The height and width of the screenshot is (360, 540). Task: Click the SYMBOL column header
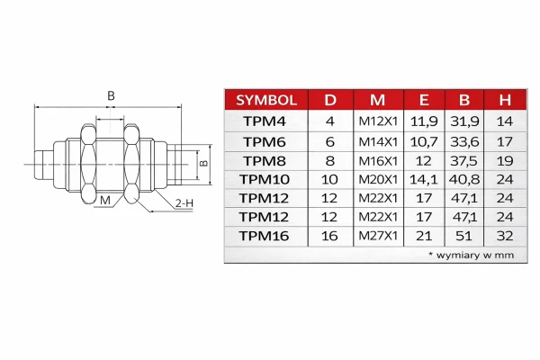(266, 100)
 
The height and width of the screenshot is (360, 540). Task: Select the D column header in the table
(330, 100)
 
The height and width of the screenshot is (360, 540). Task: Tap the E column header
(424, 100)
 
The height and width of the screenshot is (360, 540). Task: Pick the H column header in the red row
(505, 100)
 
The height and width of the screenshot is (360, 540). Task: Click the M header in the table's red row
(377, 100)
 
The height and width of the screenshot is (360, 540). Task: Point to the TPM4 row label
(265, 121)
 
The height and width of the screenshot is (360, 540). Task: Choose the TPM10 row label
(265, 179)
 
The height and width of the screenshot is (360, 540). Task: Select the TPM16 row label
(264, 236)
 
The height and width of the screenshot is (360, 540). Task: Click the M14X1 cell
(378, 141)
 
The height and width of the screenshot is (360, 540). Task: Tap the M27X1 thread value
(378, 236)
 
